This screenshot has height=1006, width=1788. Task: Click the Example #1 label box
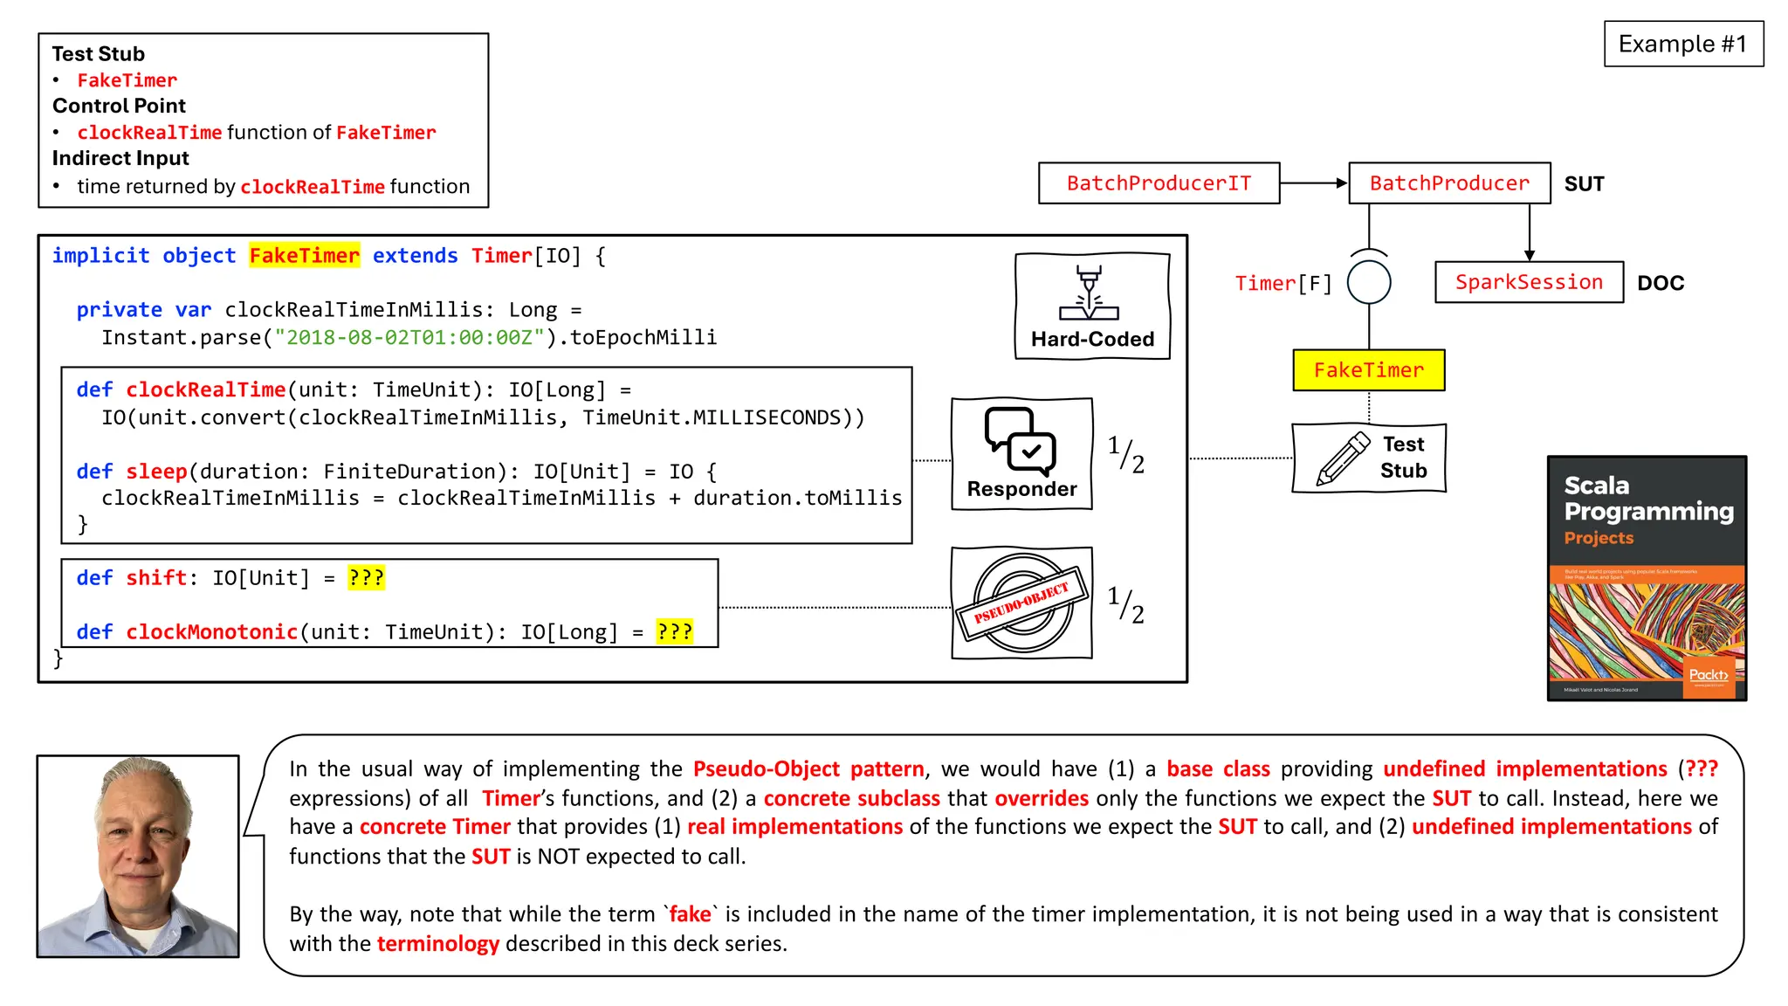pos(1682,44)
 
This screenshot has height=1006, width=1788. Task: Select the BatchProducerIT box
pos(1159,183)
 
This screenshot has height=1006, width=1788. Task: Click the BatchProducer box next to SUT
pos(1449,183)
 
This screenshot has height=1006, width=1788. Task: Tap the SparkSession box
pos(1529,283)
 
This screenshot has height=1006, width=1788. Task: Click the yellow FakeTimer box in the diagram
pos(1368,370)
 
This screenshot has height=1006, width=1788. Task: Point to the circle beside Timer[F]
pos(1368,283)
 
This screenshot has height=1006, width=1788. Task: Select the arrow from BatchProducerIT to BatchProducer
pos(1313,183)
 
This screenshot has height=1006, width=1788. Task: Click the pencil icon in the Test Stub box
pos(1343,458)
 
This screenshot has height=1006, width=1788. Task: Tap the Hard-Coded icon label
pos(1092,339)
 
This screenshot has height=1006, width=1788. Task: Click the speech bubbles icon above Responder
pos(1021,440)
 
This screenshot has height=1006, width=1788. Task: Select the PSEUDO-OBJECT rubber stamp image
pos(1021,603)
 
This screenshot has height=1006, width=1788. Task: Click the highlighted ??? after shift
pos(366,578)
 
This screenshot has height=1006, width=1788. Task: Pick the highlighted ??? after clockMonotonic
pos(674,632)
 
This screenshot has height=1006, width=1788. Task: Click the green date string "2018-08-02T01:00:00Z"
pos(409,338)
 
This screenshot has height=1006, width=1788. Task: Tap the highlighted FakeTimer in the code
pos(304,256)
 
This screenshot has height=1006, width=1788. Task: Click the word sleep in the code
pos(156,472)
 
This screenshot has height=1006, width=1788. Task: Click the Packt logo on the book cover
pos(1708,675)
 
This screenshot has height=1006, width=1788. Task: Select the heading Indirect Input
pos(120,158)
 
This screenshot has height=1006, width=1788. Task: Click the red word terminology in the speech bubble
pos(437,944)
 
